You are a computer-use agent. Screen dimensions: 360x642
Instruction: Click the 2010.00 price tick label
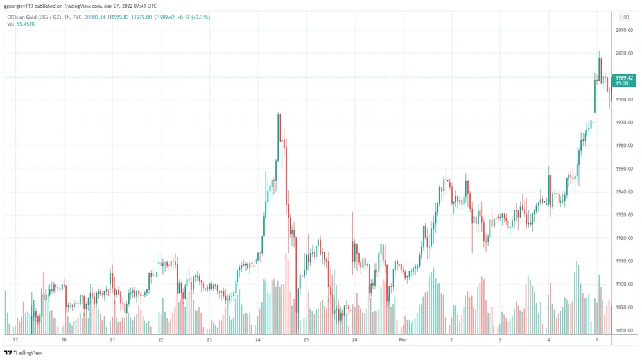pos(625,30)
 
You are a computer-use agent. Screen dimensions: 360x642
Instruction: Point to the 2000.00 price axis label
pos(625,53)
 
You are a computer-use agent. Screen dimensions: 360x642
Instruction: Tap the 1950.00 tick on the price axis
pos(625,169)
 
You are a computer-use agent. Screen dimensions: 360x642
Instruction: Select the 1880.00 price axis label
pos(625,330)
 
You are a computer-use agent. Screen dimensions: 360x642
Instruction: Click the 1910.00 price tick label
pos(625,261)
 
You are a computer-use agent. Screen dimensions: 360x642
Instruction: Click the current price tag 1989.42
pos(625,78)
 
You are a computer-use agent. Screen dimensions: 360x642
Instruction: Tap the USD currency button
pos(625,17)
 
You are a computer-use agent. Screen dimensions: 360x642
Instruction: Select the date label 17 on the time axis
pos(15,339)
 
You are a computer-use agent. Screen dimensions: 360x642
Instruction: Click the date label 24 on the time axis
pos(257,339)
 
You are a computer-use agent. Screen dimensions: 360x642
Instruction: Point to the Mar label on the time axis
pos(403,339)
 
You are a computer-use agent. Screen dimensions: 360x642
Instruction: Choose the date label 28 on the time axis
pos(354,339)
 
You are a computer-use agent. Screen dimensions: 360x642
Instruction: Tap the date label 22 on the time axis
pos(160,339)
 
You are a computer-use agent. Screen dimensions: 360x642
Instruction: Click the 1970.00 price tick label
pos(625,123)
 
